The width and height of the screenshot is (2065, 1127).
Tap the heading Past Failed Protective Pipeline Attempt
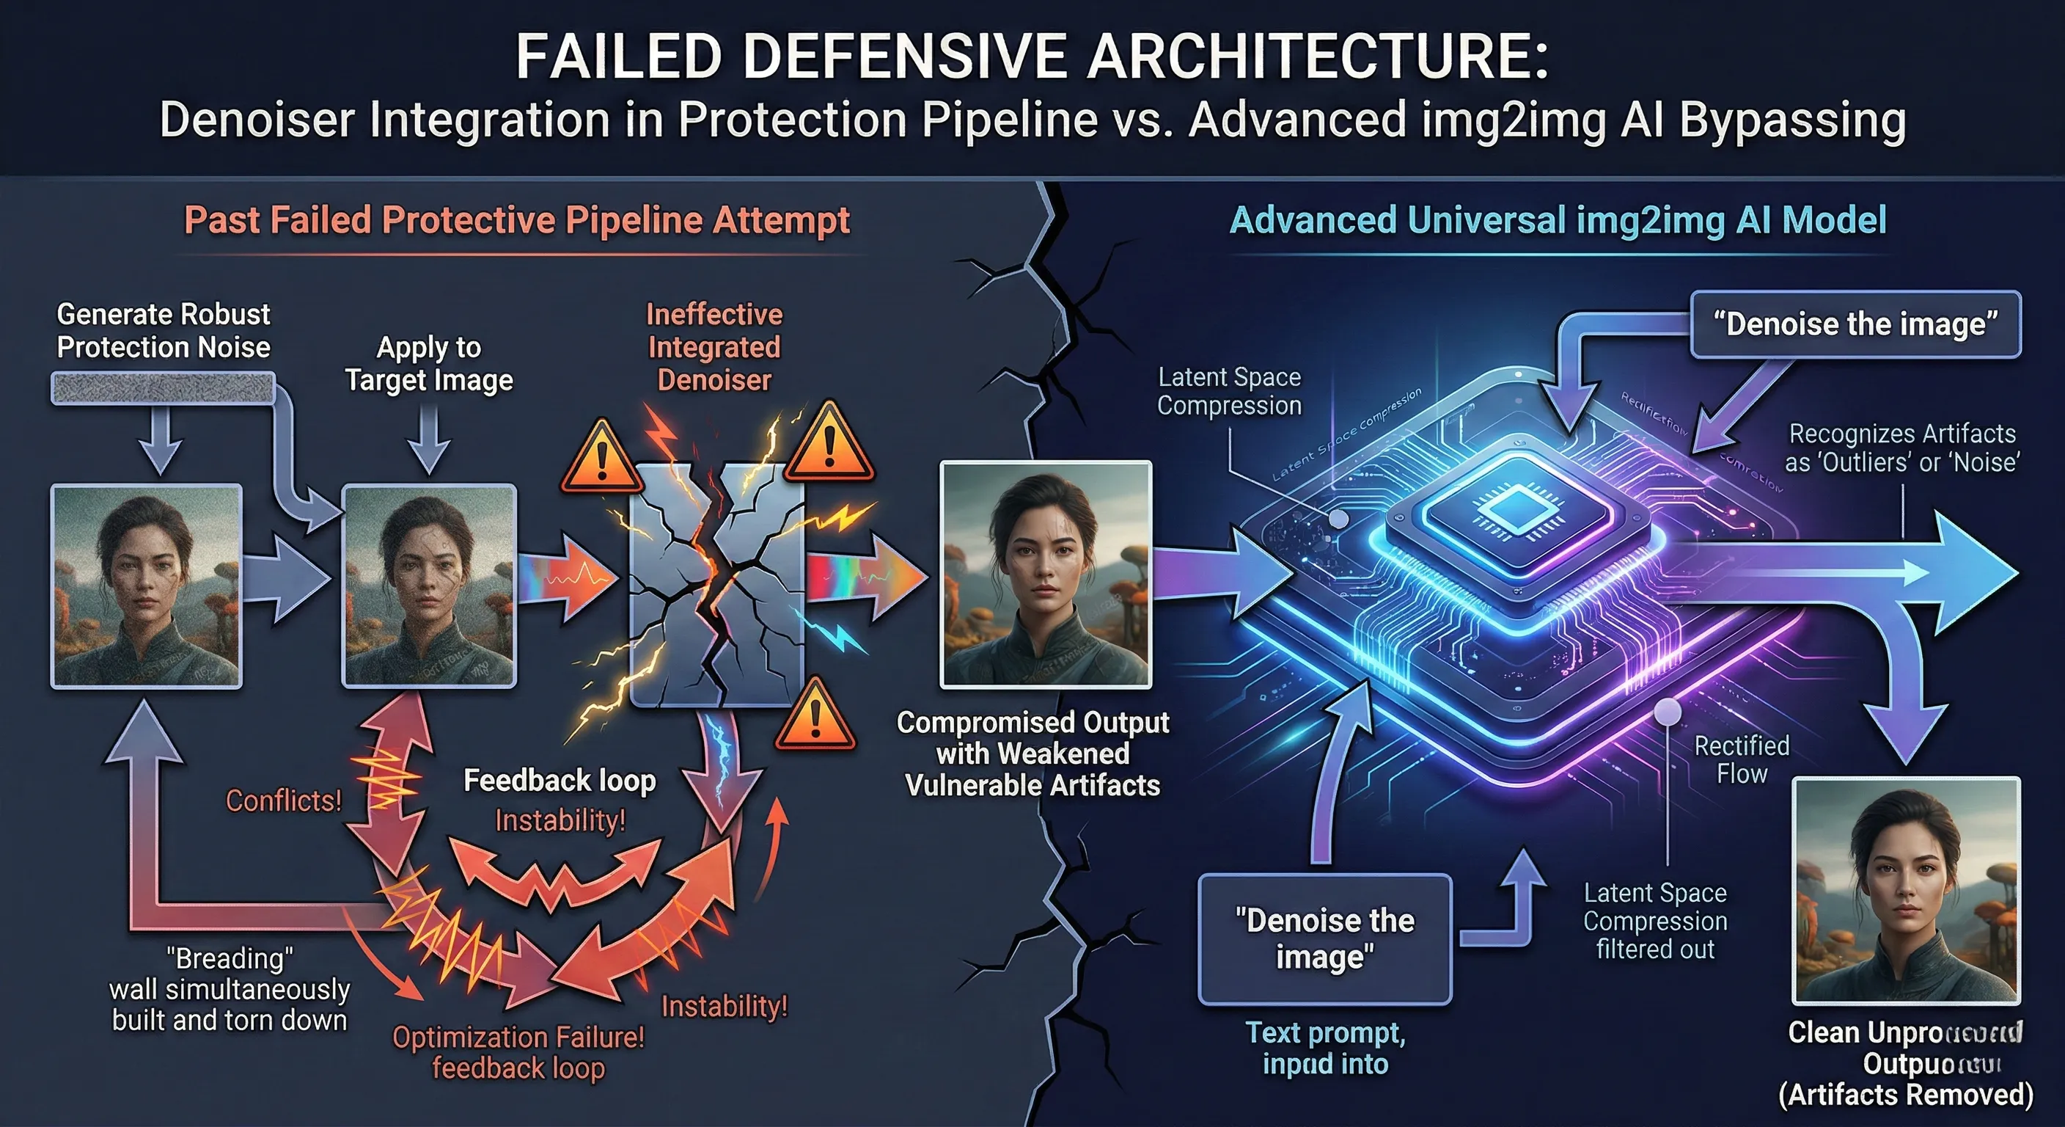pyautogui.click(x=517, y=220)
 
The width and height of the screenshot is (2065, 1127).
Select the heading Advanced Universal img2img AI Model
pyautogui.click(x=1558, y=220)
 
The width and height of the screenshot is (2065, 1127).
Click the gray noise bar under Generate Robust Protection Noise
pyautogui.click(x=164, y=388)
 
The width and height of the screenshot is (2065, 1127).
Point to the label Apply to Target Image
pyautogui.click(x=429, y=363)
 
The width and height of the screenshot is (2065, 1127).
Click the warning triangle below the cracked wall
pyautogui.click(x=815, y=714)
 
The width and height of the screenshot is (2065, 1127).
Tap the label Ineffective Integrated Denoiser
pyautogui.click(x=714, y=346)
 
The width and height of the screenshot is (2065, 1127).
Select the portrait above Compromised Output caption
pyautogui.click(x=1045, y=575)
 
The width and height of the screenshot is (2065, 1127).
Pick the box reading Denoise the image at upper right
pyautogui.click(x=1855, y=324)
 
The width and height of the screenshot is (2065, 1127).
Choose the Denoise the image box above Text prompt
pyautogui.click(x=1324, y=938)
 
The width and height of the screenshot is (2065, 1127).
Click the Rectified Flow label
pyautogui.click(x=1741, y=759)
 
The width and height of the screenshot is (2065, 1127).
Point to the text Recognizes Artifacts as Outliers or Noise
pyautogui.click(x=1901, y=448)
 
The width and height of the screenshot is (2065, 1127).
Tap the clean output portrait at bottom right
pyautogui.click(x=1905, y=889)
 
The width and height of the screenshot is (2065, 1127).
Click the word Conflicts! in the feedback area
pyautogui.click(x=284, y=800)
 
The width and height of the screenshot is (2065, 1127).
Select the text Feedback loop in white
pyautogui.click(x=560, y=781)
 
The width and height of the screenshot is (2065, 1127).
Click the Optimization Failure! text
pyautogui.click(x=518, y=1037)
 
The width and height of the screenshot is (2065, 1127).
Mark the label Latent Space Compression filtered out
pyautogui.click(x=1654, y=921)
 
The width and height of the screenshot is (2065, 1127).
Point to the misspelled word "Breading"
pyautogui.click(x=230, y=958)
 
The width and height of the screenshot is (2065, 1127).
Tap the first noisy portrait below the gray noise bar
pyautogui.click(x=147, y=586)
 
